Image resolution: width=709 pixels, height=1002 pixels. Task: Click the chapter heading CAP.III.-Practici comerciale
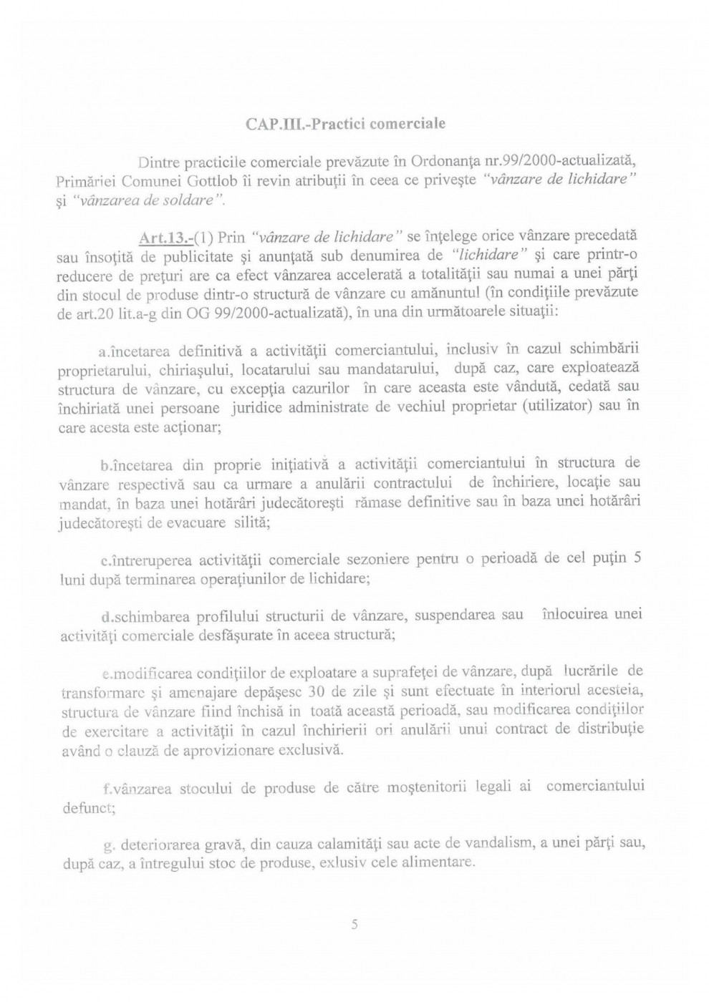(x=345, y=124)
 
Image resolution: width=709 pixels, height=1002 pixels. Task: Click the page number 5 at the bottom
(x=354, y=925)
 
